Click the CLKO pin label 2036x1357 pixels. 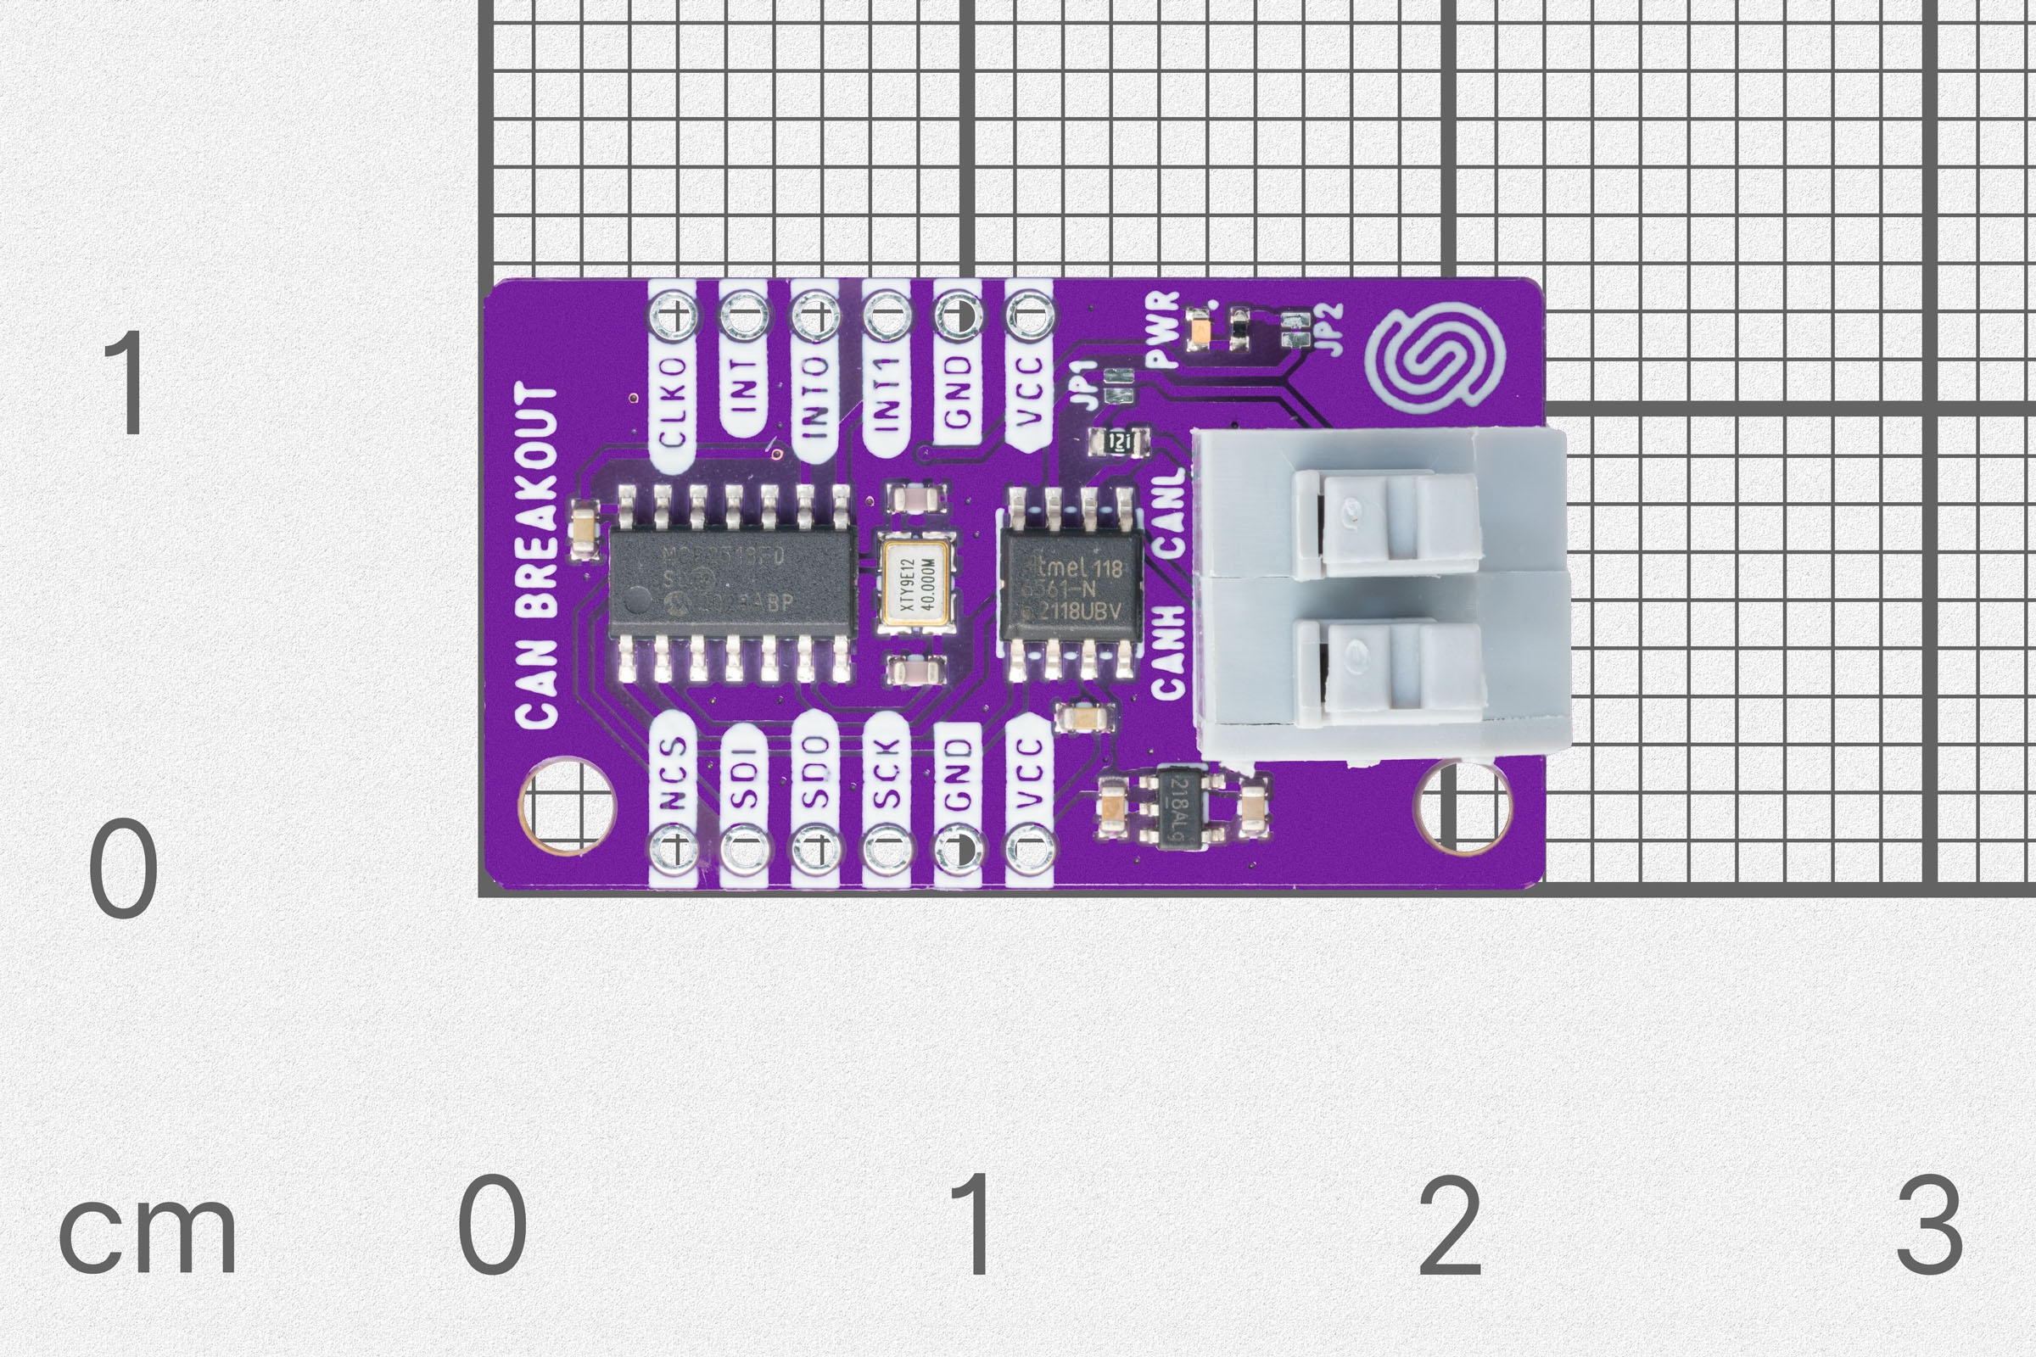point(673,402)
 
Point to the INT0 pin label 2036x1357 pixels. point(814,396)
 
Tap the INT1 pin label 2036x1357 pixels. point(886,394)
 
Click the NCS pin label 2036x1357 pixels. point(673,773)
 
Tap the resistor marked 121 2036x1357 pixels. point(1119,443)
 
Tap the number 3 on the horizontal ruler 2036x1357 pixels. point(1929,1226)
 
